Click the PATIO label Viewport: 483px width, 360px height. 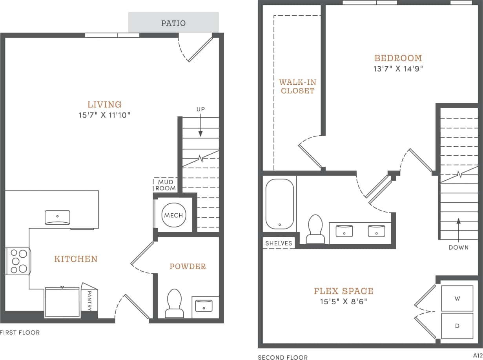click(x=173, y=23)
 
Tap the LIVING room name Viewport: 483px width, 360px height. click(x=104, y=104)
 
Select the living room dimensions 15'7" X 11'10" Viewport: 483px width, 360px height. click(x=104, y=115)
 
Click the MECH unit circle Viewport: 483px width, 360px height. click(x=173, y=215)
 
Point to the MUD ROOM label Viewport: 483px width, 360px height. click(x=166, y=185)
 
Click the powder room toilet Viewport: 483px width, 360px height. click(x=174, y=303)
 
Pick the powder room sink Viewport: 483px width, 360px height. click(x=204, y=305)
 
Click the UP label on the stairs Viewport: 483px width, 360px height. click(x=200, y=109)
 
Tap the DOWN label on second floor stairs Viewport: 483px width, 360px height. click(x=458, y=247)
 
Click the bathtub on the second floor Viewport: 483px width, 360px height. click(x=279, y=204)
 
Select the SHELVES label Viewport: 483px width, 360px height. click(x=279, y=243)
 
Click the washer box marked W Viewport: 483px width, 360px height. click(x=457, y=298)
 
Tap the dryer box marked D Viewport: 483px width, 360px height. click(x=457, y=325)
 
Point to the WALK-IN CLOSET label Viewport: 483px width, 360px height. click(x=297, y=86)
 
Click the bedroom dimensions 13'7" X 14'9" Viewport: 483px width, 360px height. click(x=398, y=69)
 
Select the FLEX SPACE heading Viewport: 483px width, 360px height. click(x=343, y=291)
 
